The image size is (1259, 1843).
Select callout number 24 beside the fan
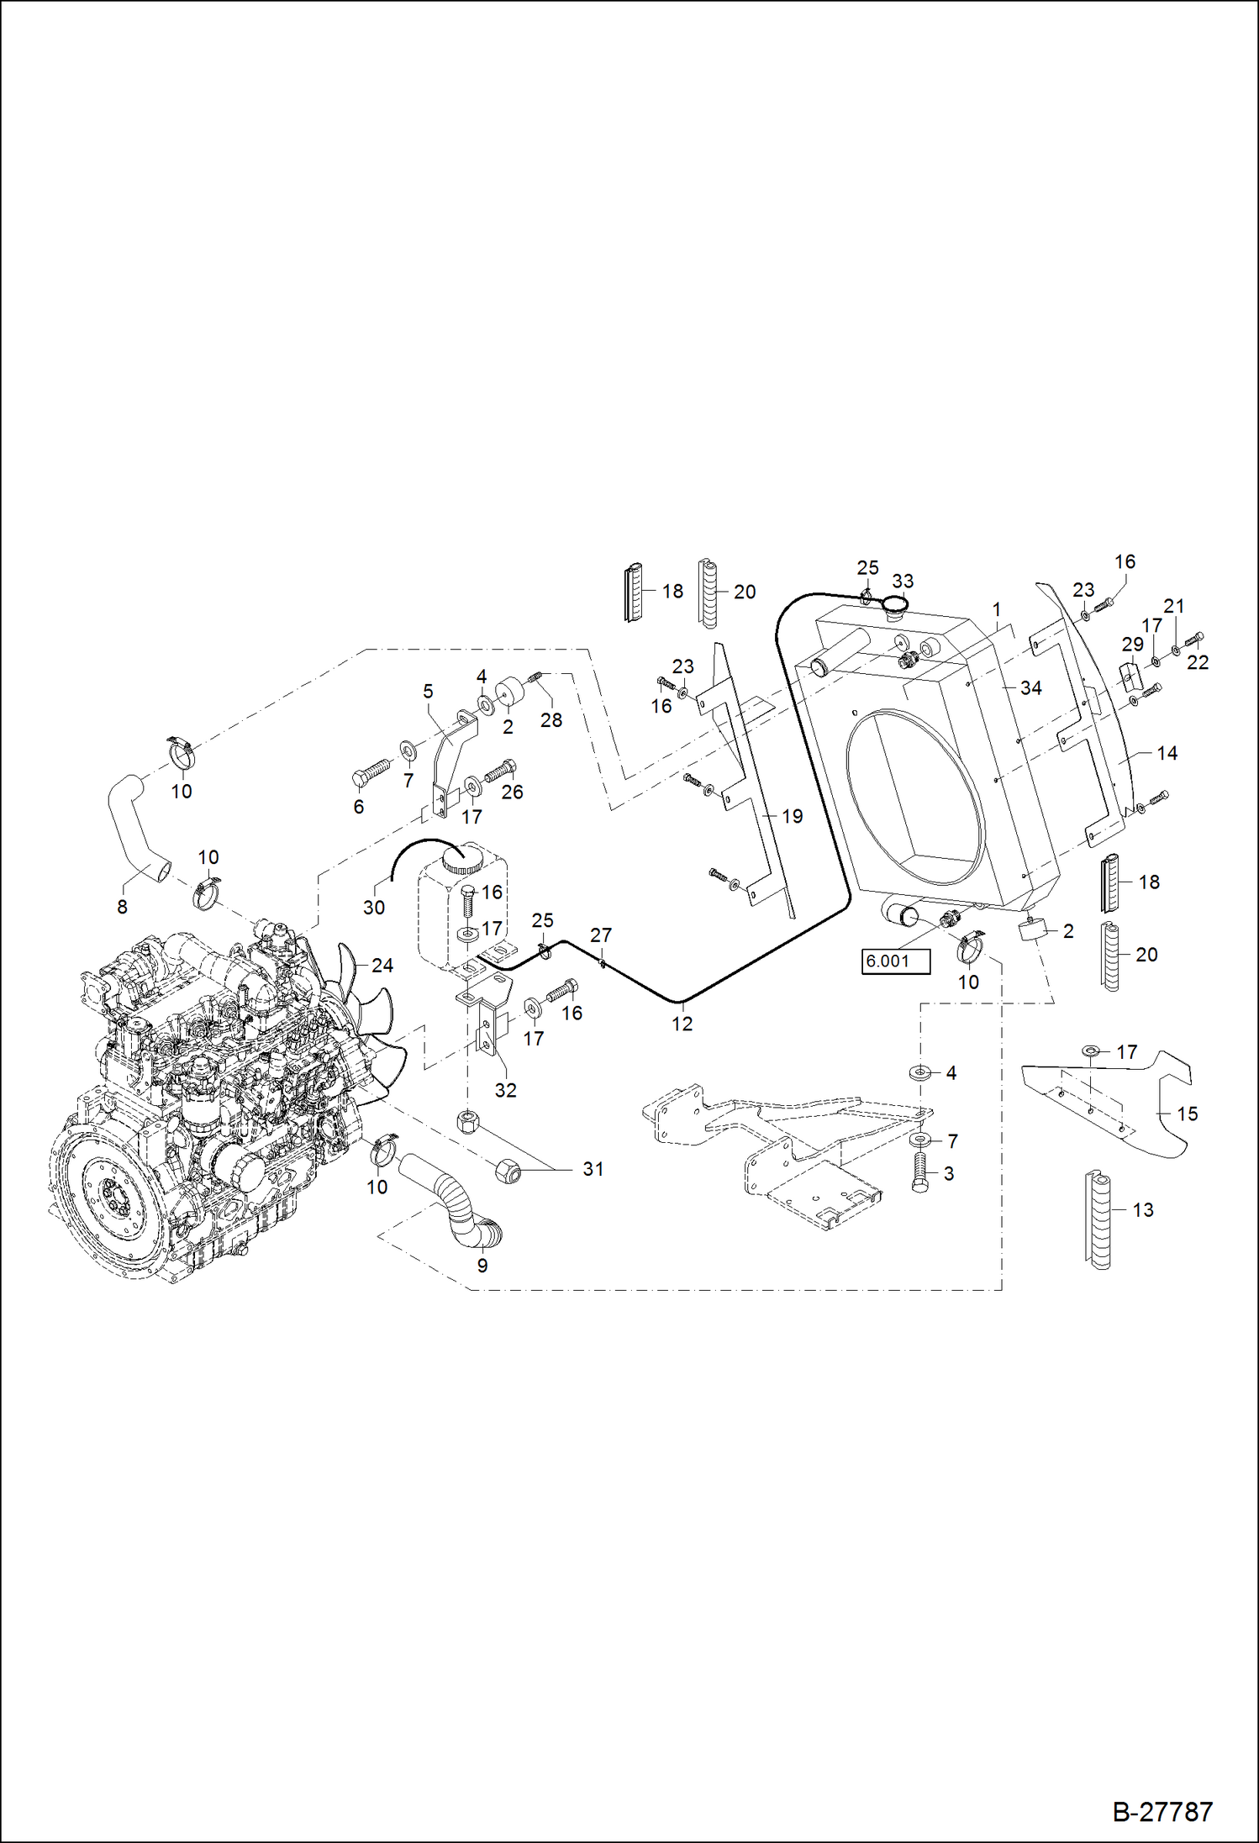coord(382,966)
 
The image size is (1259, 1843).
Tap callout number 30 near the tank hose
coord(374,908)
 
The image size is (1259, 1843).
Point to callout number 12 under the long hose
coord(682,1024)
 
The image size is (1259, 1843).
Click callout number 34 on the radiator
coord(1030,688)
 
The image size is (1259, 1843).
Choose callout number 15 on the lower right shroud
coord(1187,1114)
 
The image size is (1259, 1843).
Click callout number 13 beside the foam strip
coord(1143,1210)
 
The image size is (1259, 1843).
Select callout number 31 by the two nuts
coord(593,1169)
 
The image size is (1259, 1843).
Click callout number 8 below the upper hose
coord(123,907)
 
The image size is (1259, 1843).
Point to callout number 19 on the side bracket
coord(792,816)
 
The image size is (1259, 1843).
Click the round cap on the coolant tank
coord(462,862)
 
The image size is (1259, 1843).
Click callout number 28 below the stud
coord(551,720)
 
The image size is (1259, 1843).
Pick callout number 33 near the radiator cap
coord(903,582)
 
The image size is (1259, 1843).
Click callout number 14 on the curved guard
coord(1167,753)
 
